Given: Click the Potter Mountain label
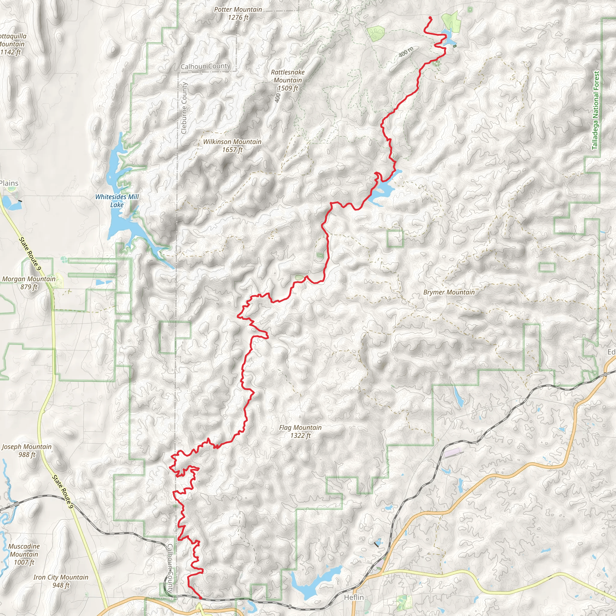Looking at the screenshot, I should (x=238, y=10).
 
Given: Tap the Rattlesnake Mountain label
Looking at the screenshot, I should (x=288, y=76).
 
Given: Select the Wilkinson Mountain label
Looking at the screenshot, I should (x=232, y=142).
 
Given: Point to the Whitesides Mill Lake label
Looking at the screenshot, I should (x=117, y=201).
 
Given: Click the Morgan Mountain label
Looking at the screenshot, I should (x=29, y=279).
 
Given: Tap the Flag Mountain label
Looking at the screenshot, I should (x=300, y=428).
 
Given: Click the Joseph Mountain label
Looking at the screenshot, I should (x=26, y=447).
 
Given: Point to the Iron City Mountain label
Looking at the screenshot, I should (x=60, y=577).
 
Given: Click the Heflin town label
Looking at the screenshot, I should (x=354, y=597).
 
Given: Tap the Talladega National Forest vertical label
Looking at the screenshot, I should (x=595, y=110).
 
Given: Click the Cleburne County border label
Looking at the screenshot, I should (x=184, y=108).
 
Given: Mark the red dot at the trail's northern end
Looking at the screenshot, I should (x=430, y=18).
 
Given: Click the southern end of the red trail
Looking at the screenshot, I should (x=200, y=599).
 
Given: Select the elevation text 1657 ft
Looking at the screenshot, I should (x=232, y=149).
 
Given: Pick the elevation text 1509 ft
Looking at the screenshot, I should (x=288, y=88).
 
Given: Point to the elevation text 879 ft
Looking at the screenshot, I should (x=29, y=287).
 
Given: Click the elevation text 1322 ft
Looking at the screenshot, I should (x=300, y=436).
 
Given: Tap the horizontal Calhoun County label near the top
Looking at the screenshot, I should (x=205, y=66).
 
